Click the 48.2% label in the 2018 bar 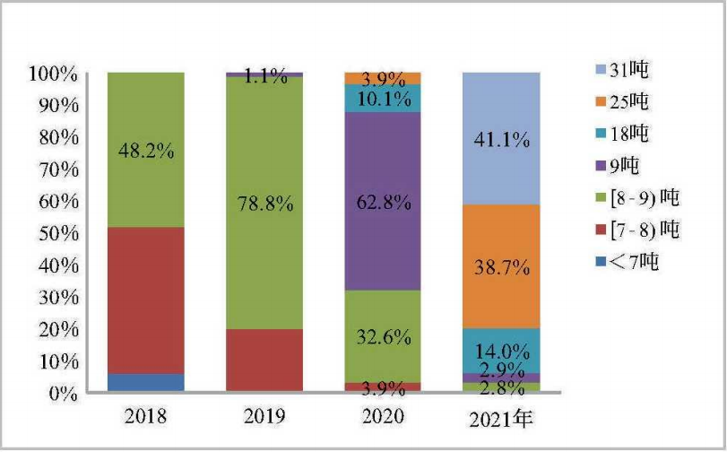[145, 151]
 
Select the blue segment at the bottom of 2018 [145, 383]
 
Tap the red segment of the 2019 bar [263, 361]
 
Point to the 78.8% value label [263, 204]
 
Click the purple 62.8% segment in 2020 [383, 202]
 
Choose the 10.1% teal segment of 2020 [383, 98]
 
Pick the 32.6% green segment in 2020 [383, 337]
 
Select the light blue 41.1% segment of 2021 [500, 139]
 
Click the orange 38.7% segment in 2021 [500, 266]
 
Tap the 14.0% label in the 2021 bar [500, 351]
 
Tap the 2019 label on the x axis [263, 417]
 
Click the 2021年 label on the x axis [502, 418]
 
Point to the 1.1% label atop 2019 [266, 77]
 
